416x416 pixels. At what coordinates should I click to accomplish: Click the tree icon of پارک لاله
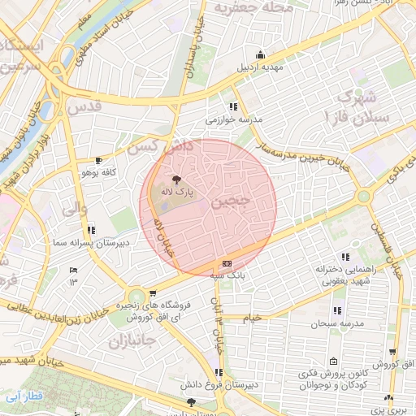(x=176, y=180)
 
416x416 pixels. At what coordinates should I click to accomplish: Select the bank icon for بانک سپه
(x=226, y=264)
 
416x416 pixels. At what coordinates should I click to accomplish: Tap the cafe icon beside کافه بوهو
(x=99, y=161)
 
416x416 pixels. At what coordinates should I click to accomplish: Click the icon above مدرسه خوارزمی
(x=233, y=106)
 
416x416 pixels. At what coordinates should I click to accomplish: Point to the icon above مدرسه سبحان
(x=336, y=311)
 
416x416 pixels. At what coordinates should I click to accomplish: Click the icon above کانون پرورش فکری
(x=333, y=362)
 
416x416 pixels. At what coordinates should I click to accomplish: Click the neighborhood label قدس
(x=84, y=106)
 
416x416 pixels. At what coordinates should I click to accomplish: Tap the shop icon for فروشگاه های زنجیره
(x=153, y=293)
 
